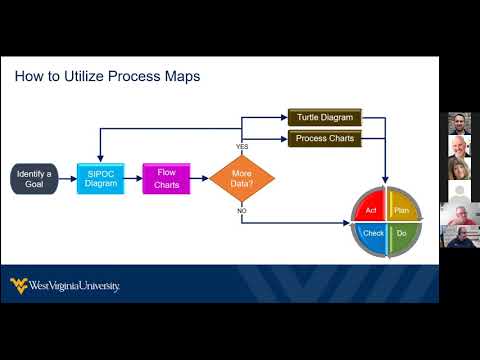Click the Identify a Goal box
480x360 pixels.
pos(33,179)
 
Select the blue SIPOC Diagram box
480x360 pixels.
pos(101,179)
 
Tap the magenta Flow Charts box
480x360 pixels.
pos(166,179)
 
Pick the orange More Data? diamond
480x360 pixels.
pos(242,179)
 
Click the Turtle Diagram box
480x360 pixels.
pos(324,118)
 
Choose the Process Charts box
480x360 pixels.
pos(324,139)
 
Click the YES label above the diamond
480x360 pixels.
pos(242,147)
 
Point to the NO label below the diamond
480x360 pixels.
pos(242,212)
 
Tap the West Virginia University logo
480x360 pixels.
pos(65,286)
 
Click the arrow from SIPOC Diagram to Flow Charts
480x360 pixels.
pos(134,179)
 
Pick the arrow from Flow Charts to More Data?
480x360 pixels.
pos(200,179)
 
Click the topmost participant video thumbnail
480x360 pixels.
pos(459,125)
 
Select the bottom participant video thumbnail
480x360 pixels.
pos(459,236)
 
